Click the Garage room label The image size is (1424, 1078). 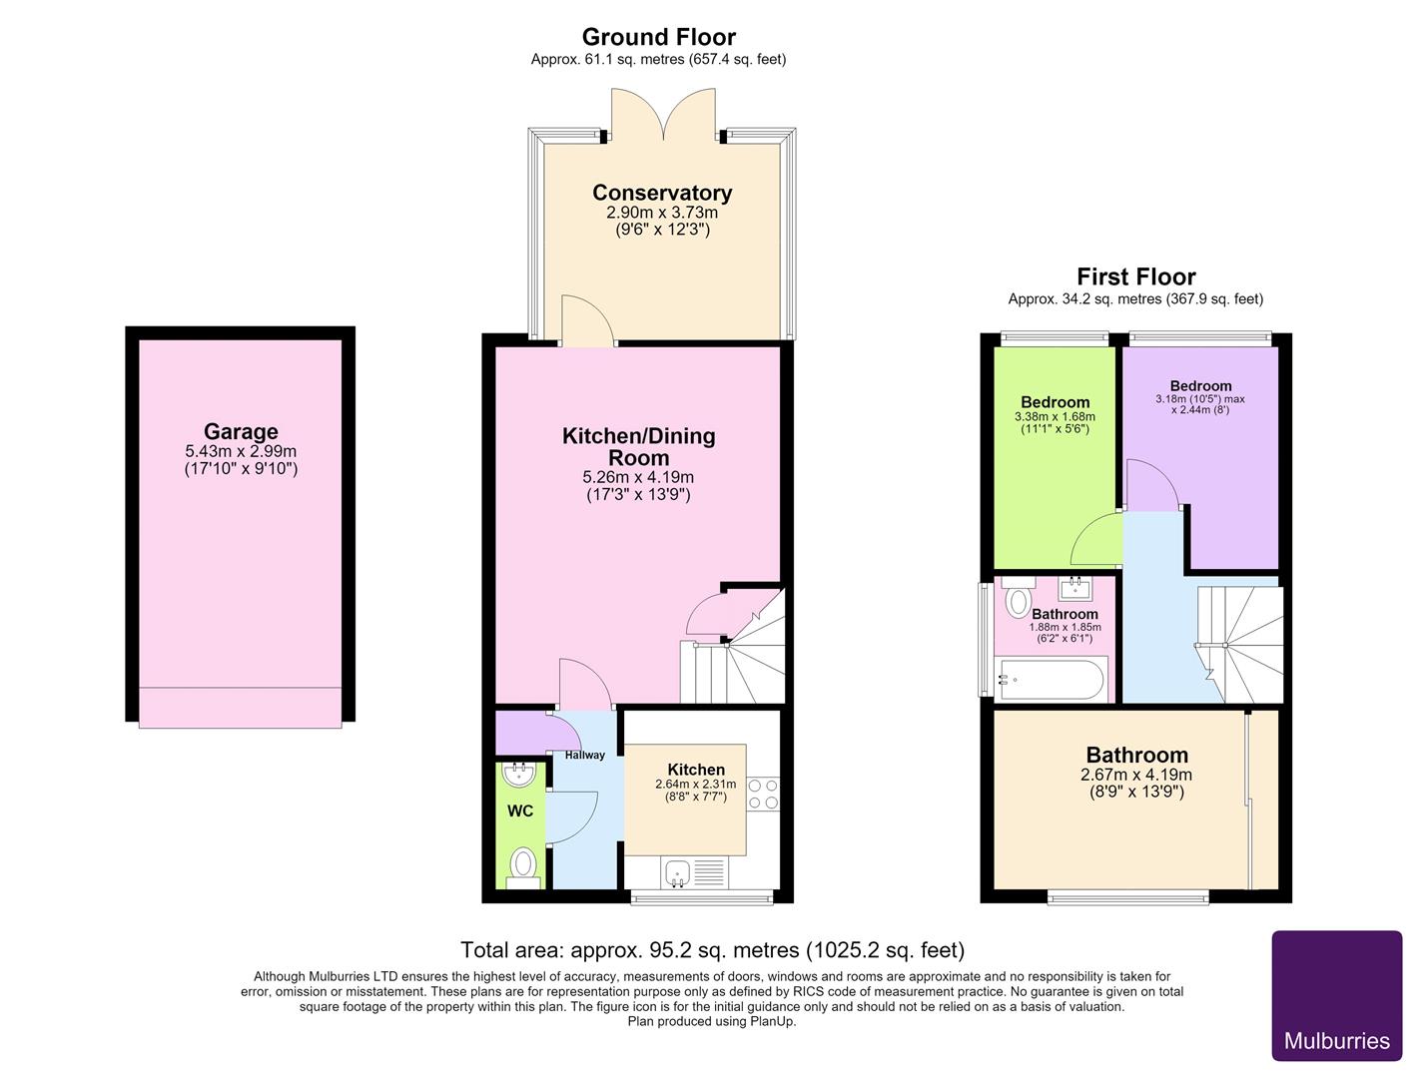[241, 431]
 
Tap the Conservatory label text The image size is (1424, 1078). [662, 193]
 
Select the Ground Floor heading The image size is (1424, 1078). [658, 36]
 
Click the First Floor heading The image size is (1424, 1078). [1136, 276]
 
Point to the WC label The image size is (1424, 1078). [520, 810]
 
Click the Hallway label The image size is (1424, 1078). [584, 756]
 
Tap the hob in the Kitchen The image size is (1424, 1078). [763, 795]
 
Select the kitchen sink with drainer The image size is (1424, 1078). [694, 872]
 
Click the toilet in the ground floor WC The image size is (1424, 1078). [523, 868]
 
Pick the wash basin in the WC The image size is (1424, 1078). [519, 775]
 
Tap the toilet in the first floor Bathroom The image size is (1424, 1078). [1018, 597]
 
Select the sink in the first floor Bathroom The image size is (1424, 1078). [1075, 589]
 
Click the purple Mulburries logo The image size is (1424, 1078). [1336, 996]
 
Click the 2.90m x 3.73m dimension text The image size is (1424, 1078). [662, 213]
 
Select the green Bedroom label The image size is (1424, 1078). [1055, 402]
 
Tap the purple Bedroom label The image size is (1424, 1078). [1200, 385]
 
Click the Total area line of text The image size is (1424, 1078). [712, 949]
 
